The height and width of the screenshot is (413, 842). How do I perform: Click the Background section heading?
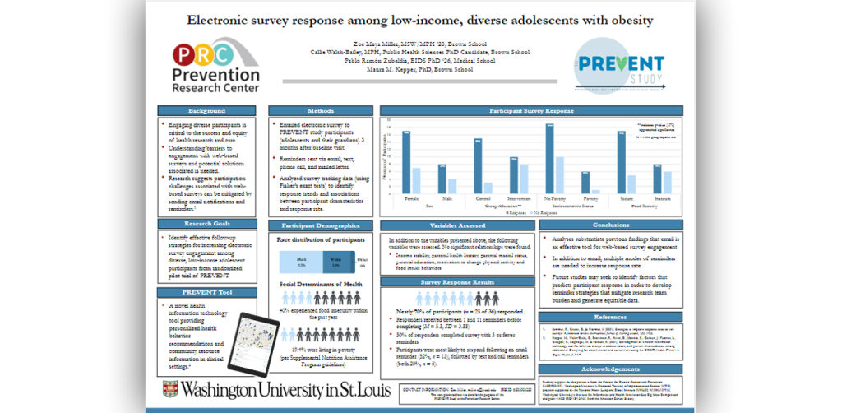[206, 111]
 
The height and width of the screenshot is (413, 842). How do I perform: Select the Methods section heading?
[320, 111]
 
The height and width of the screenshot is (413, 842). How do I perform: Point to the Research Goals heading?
[206, 223]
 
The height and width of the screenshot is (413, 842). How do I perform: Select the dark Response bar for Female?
[406, 161]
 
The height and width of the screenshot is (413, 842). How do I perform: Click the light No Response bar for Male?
[452, 185]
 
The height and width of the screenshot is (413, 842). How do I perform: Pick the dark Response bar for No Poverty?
[549, 158]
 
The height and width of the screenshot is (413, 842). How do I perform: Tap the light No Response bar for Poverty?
[595, 190]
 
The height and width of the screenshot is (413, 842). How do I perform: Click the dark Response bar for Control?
[478, 165]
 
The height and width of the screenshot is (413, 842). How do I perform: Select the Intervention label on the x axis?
[519, 198]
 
